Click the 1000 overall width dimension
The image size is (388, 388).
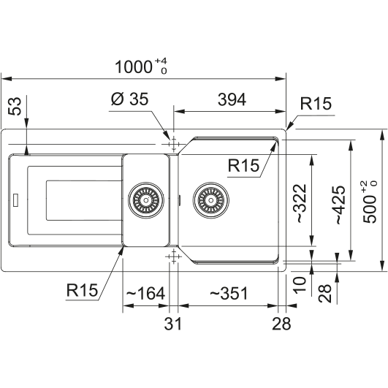[141, 66]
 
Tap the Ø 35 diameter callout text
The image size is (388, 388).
[129, 99]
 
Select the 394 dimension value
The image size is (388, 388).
[232, 99]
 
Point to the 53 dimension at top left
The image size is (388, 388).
[15, 106]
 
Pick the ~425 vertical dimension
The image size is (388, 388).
[341, 205]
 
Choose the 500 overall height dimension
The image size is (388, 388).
[370, 202]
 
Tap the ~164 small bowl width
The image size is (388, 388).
[145, 294]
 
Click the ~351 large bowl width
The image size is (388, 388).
[229, 294]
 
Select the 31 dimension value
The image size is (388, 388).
[172, 324]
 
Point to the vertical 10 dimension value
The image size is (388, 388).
[300, 285]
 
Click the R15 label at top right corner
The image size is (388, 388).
[316, 104]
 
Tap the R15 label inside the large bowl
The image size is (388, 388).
[243, 165]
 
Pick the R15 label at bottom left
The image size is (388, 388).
[82, 290]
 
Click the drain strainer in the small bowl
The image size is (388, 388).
[146, 200]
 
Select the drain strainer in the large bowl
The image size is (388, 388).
[211, 200]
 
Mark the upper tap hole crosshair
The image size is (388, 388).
[173, 144]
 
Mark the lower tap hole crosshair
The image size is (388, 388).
[173, 256]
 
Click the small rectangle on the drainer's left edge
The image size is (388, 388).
[16, 200]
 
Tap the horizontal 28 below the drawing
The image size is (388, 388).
[281, 324]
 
